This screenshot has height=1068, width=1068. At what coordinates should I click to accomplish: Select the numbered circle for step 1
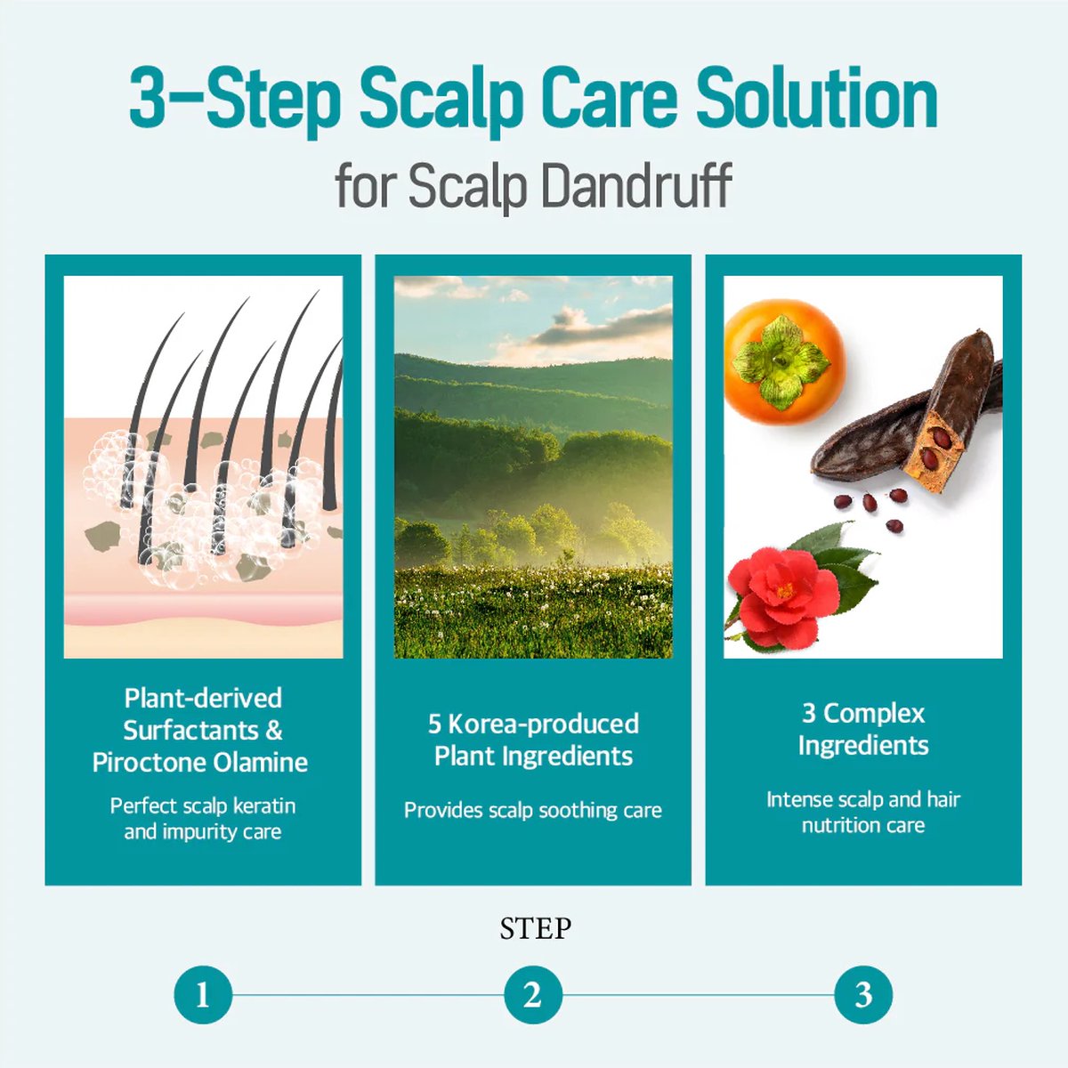(203, 994)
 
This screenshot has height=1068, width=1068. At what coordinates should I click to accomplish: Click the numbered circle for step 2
(533, 994)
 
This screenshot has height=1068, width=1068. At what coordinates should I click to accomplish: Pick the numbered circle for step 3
(863, 994)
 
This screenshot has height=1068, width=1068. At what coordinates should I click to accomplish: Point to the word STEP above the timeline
(535, 928)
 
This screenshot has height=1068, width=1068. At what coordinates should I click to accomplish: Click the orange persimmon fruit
(785, 362)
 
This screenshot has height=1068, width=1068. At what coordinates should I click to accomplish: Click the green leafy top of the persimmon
(781, 360)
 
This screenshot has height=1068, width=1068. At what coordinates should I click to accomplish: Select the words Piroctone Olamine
(200, 763)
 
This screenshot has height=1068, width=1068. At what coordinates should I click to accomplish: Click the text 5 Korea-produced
(533, 724)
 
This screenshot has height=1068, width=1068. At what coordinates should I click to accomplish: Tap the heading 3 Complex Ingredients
(863, 729)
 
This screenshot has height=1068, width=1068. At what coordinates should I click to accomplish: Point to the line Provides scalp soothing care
(533, 810)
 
